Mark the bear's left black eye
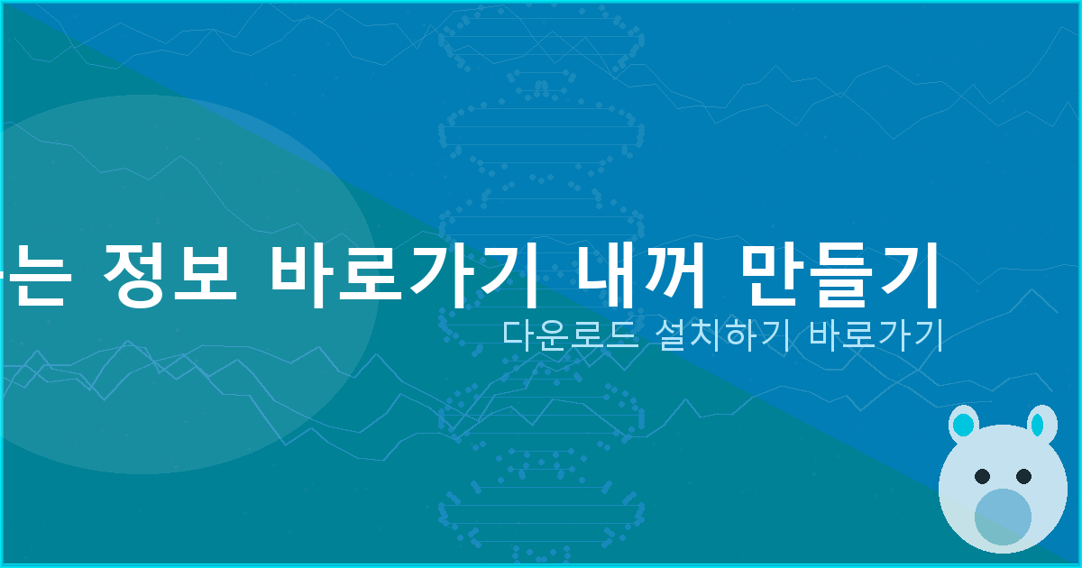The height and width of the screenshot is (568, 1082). click(x=983, y=476)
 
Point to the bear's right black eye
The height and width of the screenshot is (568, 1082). click(x=1023, y=475)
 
